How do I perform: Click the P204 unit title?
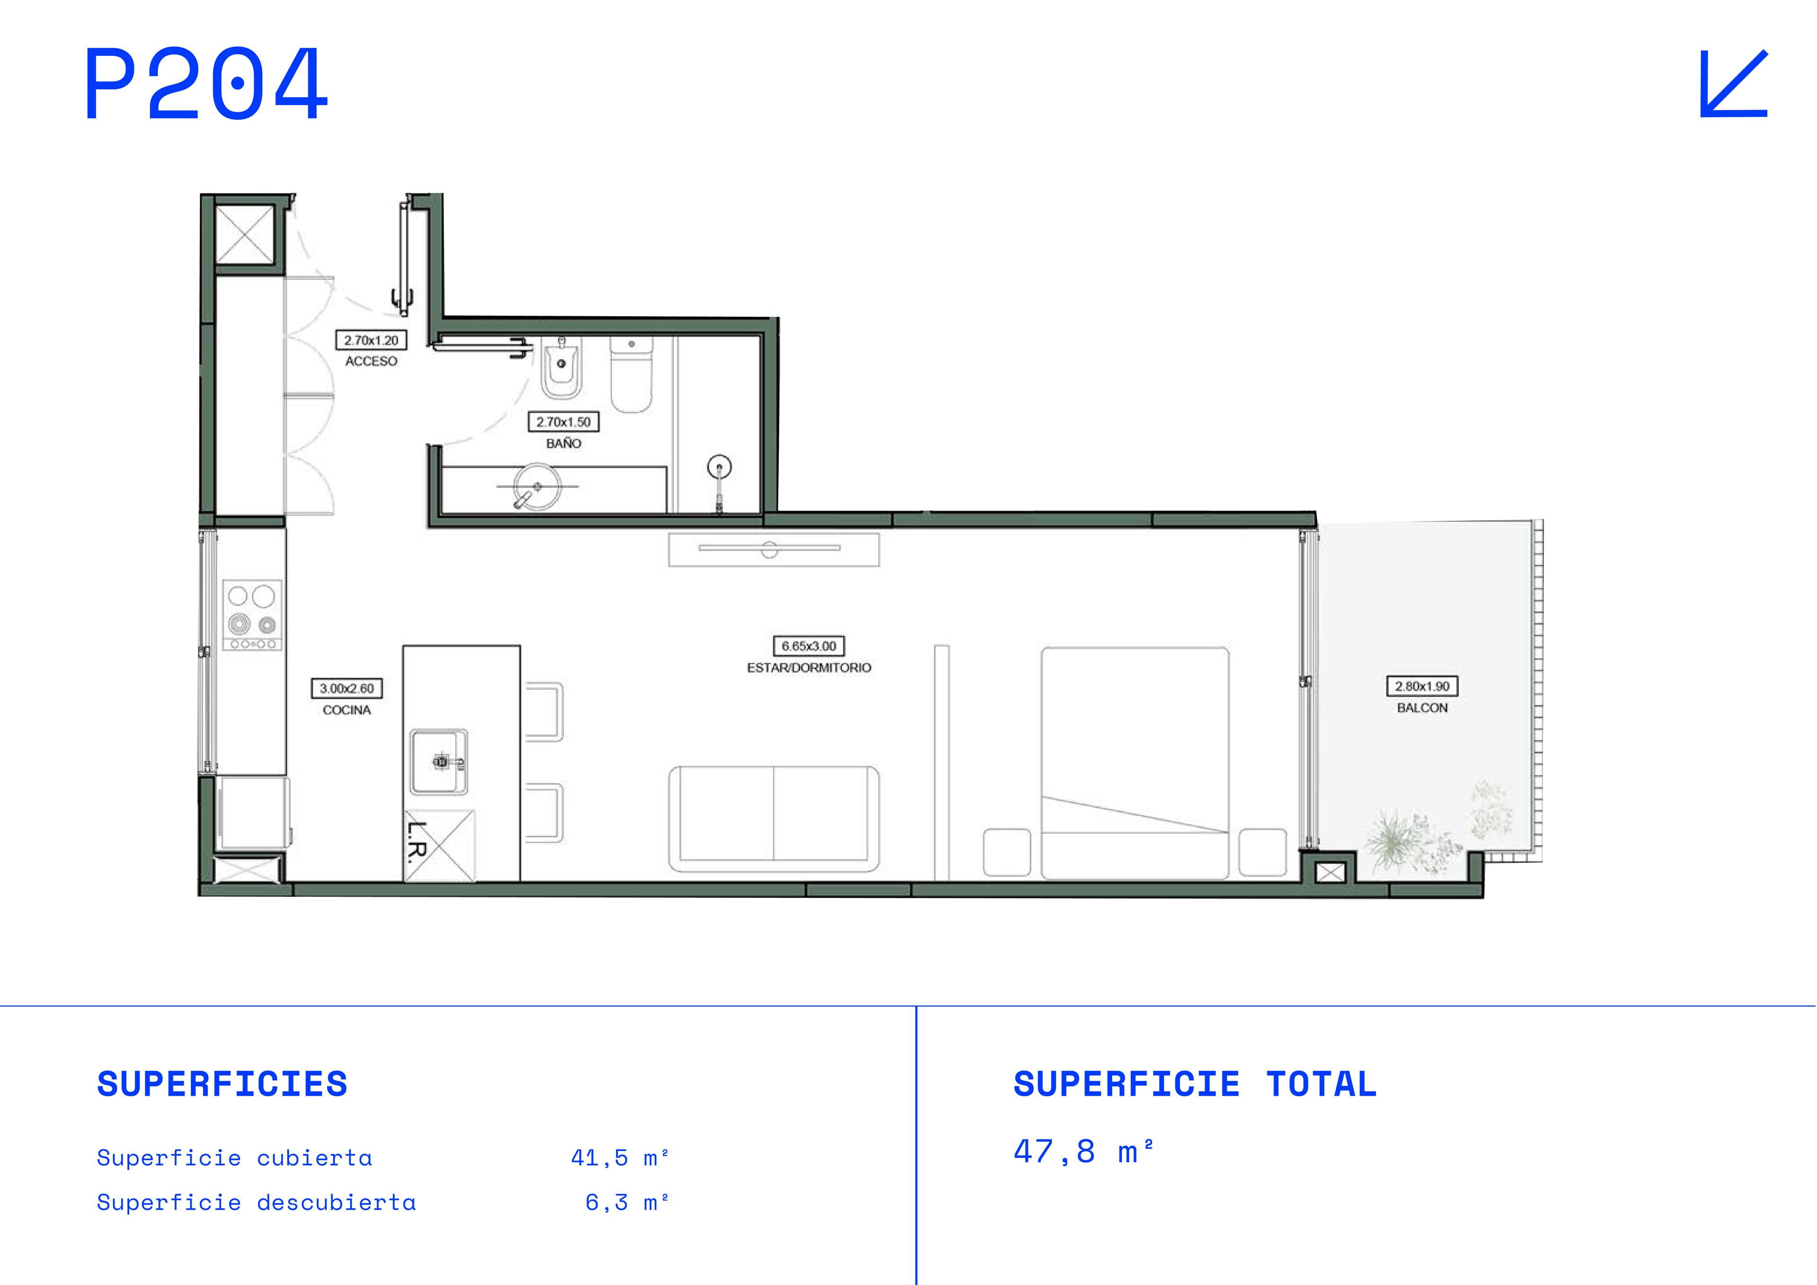pyautogui.click(x=206, y=83)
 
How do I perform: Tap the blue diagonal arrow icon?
pyautogui.click(x=1733, y=83)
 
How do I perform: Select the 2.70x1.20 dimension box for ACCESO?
pyautogui.click(x=371, y=340)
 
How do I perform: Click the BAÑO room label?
pyautogui.click(x=564, y=443)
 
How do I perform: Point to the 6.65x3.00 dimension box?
pyautogui.click(x=809, y=646)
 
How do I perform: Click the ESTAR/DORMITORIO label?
pyautogui.click(x=809, y=667)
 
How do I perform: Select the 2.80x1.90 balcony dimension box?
pyautogui.click(x=1422, y=686)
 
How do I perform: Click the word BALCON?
pyautogui.click(x=1422, y=708)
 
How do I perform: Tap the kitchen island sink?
pyautogui.click(x=439, y=762)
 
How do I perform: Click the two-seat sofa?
pyautogui.click(x=773, y=819)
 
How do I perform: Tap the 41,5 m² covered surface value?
pyautogui.click(x=620, y=1158)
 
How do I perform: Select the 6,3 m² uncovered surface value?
pyautogui.click(x=627, y=1202)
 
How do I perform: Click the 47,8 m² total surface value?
pyautogui.click(x=1084, y=1151)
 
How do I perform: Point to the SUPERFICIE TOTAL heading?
pyautogui.click(x=1195, y=1084)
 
